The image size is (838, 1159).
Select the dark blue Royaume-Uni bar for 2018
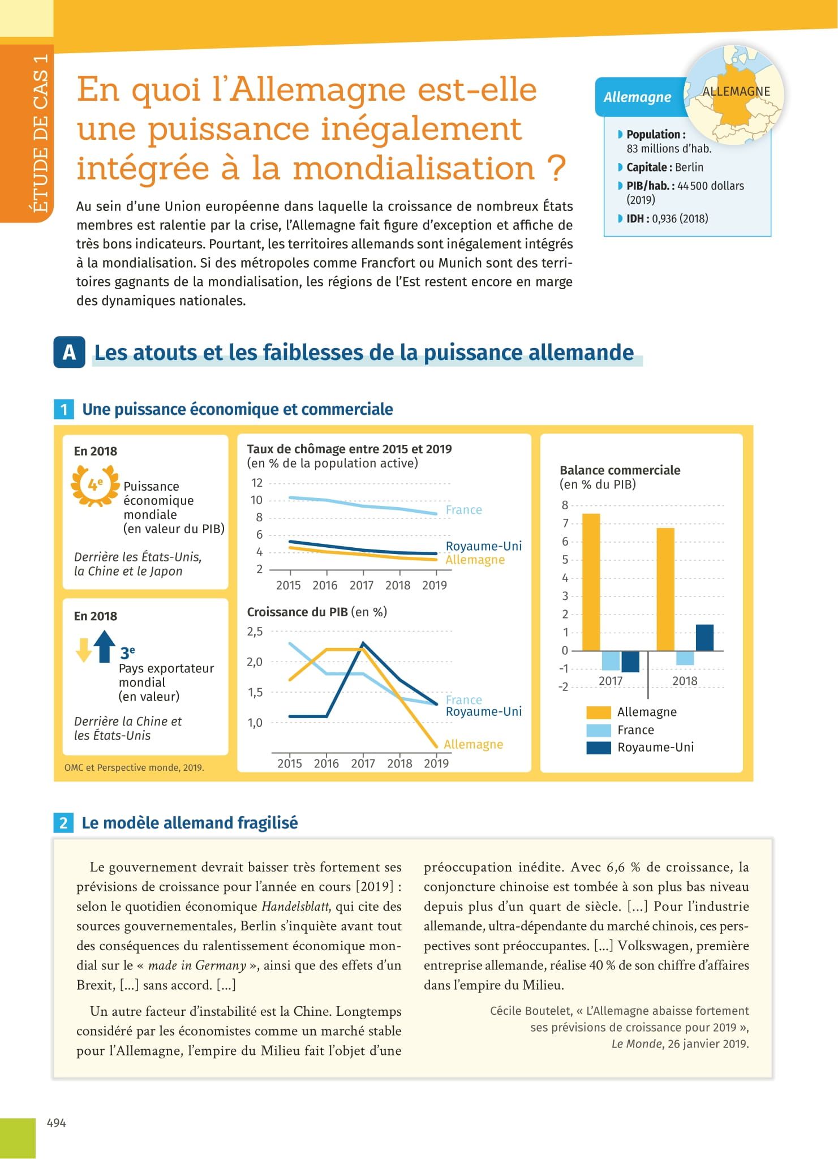pos(704,637)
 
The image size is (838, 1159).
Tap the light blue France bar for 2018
pos(685,658)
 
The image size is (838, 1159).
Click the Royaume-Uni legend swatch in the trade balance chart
pos(599,748)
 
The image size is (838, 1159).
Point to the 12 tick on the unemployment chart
pos(257,483)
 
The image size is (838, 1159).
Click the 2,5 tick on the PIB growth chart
pos(255,632)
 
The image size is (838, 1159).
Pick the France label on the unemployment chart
pos(464,510)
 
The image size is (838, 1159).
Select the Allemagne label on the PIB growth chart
pos(473,744)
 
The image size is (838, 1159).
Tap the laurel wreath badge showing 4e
pos(95,485)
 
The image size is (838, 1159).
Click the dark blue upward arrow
pos(104,646)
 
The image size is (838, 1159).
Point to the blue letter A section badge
pos(69,352)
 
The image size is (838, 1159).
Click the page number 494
pos(56,1123)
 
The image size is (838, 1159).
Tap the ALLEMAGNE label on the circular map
pos(736,92)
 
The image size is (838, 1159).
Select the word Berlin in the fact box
pos(689,168)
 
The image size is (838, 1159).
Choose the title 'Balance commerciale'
pos(620,470)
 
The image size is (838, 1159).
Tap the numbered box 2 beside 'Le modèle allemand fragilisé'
pos(63,823)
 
